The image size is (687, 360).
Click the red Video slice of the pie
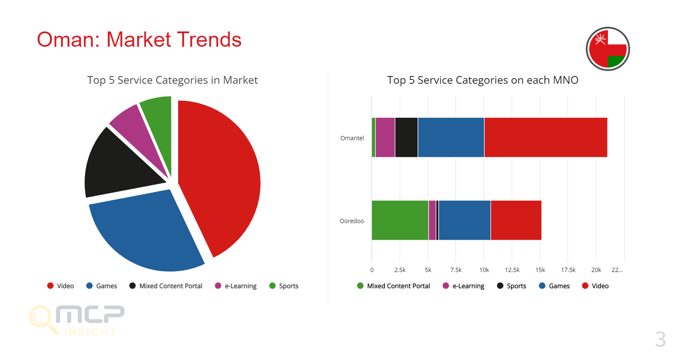coord(221,174)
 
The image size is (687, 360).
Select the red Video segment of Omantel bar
coord(545,137)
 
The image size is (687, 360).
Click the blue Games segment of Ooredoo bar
coord(464,220)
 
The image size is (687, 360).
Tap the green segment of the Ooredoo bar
coord(400,220)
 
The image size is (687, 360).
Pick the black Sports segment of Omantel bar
coord(406,137)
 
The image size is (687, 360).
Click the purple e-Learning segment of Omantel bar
coord(385,137)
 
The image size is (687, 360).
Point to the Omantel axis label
coord(352,138)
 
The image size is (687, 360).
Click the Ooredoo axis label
coord(352,221)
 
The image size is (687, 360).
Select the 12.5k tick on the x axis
coord(512,270)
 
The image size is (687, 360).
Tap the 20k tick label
coord(596,270)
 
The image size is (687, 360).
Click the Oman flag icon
coord(608,49)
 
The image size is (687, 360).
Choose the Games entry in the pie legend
coord(102,286)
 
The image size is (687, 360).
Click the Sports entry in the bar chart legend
coord(512,286)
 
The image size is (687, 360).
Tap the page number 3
coord(660,339)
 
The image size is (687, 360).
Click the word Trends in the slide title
coord(209,40)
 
